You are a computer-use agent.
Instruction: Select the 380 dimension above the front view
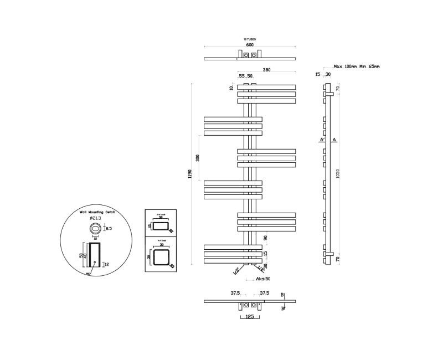(266, 70)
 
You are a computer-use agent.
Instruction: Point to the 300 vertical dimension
(197, 158)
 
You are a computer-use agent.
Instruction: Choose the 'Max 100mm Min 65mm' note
(357, 66)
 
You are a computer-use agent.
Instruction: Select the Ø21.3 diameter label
(94, 218)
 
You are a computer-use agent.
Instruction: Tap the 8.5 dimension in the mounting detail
(109, 228)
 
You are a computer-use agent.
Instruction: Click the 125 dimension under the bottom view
(249, 316)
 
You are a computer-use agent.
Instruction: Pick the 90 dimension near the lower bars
(265, 238)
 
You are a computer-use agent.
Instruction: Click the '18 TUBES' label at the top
(250, 39)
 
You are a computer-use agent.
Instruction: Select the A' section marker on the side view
(322, 140)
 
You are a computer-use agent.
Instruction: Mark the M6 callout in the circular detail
(87, 273)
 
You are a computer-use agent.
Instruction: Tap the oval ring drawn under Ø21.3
(95, 228)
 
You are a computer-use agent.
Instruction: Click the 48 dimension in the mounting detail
(85, 255)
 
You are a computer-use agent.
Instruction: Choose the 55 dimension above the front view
(241, 76)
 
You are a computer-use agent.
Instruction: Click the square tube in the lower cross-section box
(160, 258)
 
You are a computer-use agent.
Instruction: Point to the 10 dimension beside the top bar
(232, 88)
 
